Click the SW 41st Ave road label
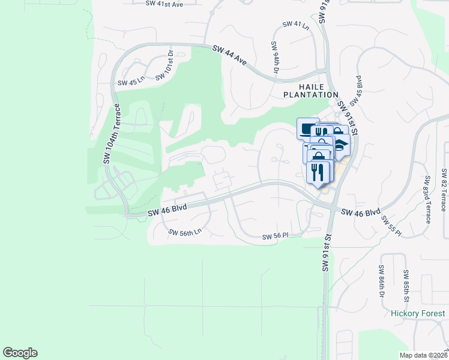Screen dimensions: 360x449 164,4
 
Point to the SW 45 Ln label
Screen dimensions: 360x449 131,82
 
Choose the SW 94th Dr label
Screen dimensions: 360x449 275,58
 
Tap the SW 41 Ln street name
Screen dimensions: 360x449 295,26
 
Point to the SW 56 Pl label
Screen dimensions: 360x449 276,236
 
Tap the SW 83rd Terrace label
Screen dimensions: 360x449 428,199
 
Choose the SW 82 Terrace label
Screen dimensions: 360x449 444,190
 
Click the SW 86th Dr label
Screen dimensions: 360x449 381,283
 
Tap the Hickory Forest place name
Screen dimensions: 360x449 418,313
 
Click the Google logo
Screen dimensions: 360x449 20,353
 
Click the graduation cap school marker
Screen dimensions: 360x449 340,145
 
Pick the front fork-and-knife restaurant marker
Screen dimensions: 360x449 318,172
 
